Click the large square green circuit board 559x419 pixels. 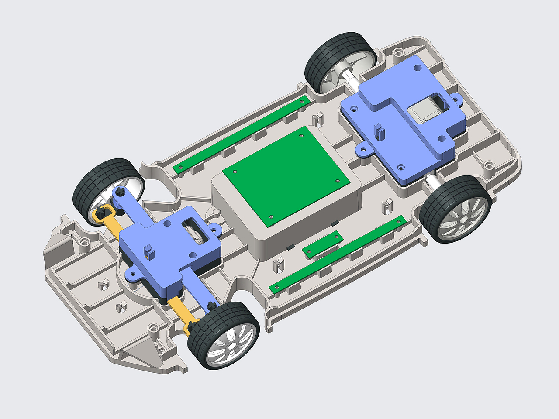[x=286, y=175]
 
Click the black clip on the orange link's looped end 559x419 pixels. [x=101, y=213]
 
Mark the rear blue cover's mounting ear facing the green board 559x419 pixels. [x=362, y=150]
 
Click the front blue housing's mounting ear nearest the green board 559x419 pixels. [x=214, y=229]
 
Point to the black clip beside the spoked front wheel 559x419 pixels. [x=192, y=325]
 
